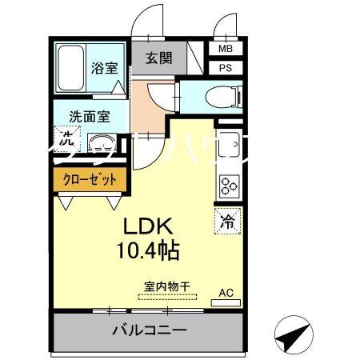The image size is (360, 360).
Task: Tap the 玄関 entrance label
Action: (158, 58)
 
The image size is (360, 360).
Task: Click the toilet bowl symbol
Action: (220, 97)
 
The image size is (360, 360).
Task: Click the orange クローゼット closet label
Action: (90, 179)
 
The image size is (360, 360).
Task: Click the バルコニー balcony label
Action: (149, 330)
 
